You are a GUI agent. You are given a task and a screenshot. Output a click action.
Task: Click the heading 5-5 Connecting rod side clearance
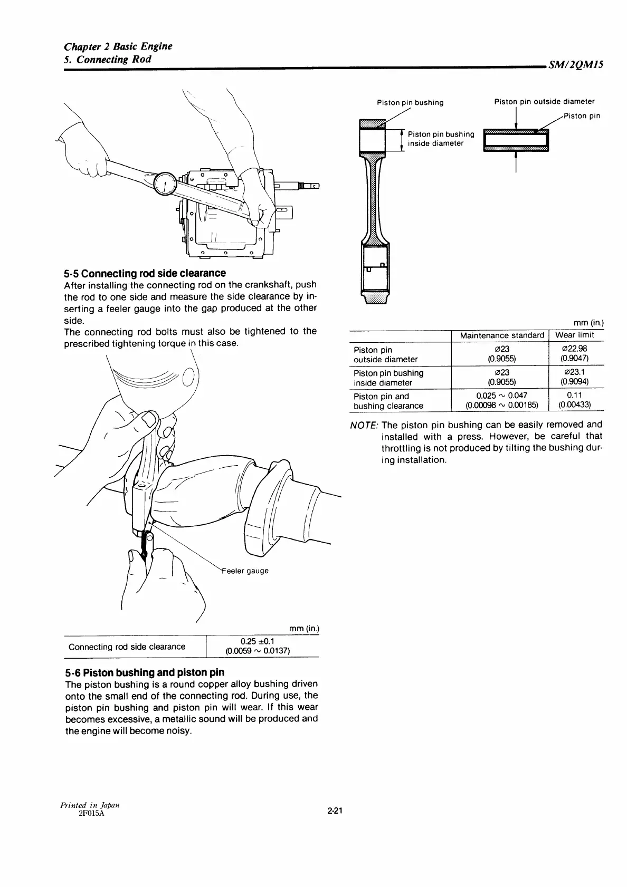145,273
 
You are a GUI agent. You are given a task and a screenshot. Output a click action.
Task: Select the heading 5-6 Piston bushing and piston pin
145,672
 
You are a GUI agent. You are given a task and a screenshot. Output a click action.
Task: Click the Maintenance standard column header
501,335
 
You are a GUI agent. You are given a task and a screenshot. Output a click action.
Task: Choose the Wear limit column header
574,335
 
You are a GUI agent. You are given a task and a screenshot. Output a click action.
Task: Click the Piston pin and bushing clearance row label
388,401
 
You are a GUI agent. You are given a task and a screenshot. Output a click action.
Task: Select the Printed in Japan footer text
89,805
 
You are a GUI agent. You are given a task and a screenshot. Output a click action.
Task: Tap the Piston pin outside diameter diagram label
544,102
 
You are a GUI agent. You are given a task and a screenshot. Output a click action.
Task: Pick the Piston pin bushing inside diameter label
441,139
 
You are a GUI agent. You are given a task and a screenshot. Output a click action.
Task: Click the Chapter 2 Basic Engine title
118,46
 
